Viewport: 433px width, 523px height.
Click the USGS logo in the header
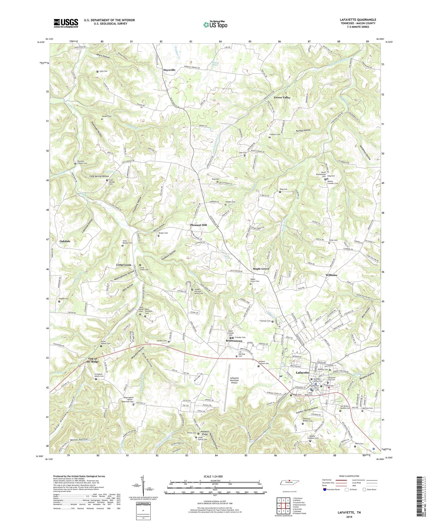tap(66, 23)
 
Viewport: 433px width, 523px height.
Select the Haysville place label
tap(169, 70)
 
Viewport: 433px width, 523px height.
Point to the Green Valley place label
tap(282, 98)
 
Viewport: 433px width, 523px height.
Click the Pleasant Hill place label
tap(199, 225)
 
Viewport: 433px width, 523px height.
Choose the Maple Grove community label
tap(261, 269)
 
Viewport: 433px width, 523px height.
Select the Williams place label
tap(331, 275)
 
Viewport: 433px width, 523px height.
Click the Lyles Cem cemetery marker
tap(98, 71)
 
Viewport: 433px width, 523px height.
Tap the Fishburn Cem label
tap(275, 134)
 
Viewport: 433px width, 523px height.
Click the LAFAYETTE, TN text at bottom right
tap(349, 512)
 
